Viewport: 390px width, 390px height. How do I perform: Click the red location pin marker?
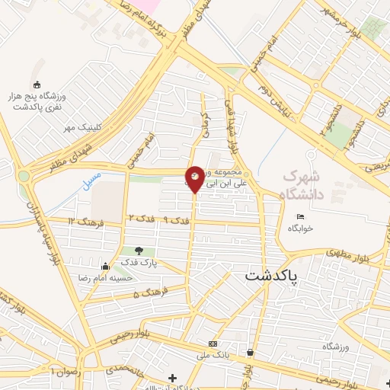click(x=195, y=179)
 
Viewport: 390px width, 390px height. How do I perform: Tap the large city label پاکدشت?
click(x=272, y=278)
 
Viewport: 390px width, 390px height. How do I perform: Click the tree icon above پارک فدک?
click(x=138, y=251)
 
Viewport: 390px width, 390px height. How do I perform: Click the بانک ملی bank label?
click(x=214, y=355)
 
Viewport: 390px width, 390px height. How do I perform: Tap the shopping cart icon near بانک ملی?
click(x=250, y=352)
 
